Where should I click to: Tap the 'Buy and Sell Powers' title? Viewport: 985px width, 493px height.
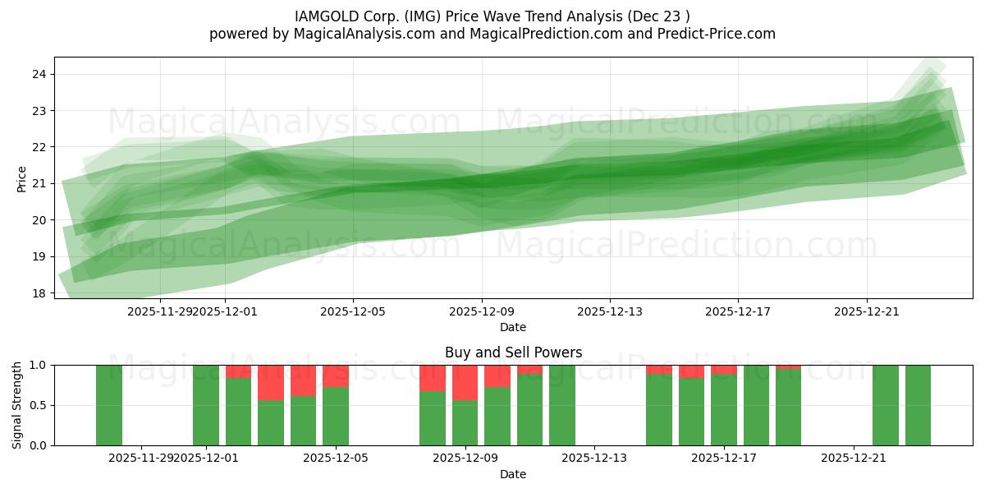pyautogui.click(x=513, y=352)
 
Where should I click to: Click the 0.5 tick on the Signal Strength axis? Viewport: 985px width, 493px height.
pyautogui.click(x=36, y=405)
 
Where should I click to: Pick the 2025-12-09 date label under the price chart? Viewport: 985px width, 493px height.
pyautogui.click(x=482, y=311)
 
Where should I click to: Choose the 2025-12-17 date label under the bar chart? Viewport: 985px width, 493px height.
pyautogui.click(x=724, y=458)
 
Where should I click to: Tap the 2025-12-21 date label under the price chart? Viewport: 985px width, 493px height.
pyautogui.click(x=867, y=311)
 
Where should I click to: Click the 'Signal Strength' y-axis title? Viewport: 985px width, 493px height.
pyautogui.click(x=17, y=405)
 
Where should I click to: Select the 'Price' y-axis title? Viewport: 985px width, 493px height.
pyautogui.click(x=22, y=178)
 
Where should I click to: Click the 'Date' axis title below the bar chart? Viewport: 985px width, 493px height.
pyautogui.click(x=513, y=474)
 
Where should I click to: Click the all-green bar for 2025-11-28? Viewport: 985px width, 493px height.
pyautogui.click(x=109, y=405)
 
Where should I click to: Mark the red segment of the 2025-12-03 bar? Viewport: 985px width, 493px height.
pyautogui.click(x=271, y=382)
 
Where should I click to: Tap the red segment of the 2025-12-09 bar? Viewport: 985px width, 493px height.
pyautogui.click(x=465, y=382)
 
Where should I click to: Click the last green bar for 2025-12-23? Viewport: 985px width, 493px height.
pyautogui.click(x=918, y=405)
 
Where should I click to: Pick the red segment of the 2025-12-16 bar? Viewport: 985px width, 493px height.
pyautogui.click(x=691, y=371)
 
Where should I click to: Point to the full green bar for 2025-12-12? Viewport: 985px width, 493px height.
pyautogui.click(x=562, y=405)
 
